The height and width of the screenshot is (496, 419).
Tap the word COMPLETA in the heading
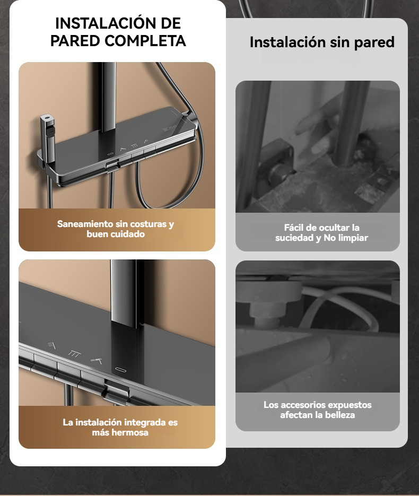[x=145, y=41]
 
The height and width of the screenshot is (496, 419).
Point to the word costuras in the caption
[x=149, y=224]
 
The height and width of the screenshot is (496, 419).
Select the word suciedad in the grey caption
[x=294, y=238]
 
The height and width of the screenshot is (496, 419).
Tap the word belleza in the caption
[x=339, y=415]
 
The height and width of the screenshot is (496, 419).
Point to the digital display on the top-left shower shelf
[x=170, y=129]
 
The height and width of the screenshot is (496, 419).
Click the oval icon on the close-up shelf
[x=120, y=370]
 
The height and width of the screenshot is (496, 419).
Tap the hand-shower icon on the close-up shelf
[x=97, y=361]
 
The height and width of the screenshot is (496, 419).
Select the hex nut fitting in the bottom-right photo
[x=266, y=308]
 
